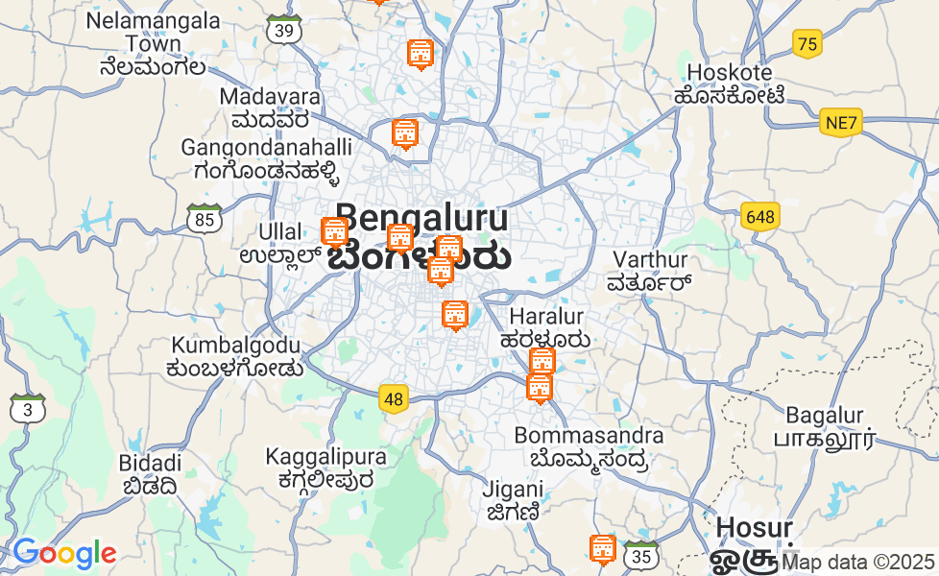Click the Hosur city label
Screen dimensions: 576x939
[755, 528]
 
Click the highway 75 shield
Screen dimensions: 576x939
[807, 43]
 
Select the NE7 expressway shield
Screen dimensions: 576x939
[842, 123]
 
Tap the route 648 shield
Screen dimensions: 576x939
[759, 217]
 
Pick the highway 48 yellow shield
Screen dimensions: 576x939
[393, 398]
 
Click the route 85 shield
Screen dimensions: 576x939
[205, 220]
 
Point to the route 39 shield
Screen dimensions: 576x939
[284, 30]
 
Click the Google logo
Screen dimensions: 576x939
[64, 554]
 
